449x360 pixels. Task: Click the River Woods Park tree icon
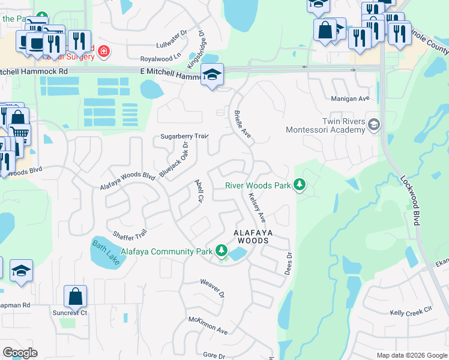pos(299,185)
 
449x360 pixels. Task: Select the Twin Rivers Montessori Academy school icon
pos(373,124)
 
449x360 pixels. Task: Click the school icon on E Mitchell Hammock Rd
pos(212,75)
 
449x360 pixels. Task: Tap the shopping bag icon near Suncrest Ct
pos(76,296)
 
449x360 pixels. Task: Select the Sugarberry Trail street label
pos(184,137)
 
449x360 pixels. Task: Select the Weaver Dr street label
pos(212,287)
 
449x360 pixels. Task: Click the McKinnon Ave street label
pos(208,326)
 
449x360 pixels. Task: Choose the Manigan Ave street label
pos(350,98)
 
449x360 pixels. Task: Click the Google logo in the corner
pos(20,353)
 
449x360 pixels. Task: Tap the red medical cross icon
pos(104,52)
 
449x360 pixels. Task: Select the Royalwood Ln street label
pos(160,59)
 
